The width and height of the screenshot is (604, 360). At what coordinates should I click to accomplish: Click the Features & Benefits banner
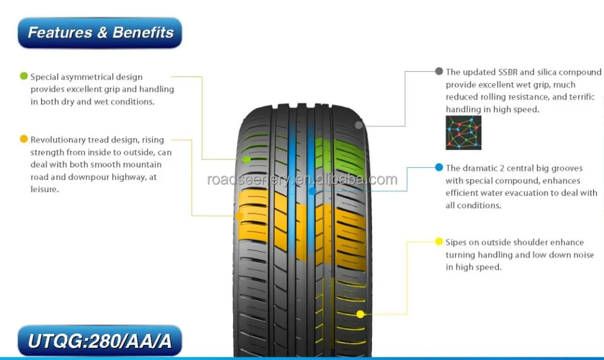(100, 33)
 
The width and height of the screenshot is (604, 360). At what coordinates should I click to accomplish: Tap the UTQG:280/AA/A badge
(100, 342)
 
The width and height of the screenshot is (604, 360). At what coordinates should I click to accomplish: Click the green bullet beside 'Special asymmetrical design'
(24, 77)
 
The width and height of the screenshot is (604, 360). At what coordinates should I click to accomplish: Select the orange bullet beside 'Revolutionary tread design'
(24, 140)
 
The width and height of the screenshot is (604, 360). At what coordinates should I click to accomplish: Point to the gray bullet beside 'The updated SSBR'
(439, 71)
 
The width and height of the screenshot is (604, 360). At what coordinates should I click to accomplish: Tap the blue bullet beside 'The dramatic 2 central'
(439, 167)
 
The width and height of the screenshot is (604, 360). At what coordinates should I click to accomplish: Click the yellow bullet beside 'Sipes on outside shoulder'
(439, 242)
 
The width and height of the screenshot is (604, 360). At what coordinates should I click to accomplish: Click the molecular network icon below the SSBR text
(463, 133)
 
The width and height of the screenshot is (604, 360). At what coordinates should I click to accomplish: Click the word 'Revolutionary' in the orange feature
(57, 140)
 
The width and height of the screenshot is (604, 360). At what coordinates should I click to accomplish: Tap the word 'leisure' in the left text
(44, 190)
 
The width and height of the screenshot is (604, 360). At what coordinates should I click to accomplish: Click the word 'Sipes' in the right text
(457, 242)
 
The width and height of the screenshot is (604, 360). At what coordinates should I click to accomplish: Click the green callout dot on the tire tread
(246, 159)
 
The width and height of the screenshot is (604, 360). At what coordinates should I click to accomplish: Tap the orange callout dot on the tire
(240, 216)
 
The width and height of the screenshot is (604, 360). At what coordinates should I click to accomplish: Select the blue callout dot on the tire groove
(312, 191)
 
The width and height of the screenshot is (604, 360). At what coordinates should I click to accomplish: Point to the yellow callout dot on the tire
(360, 314)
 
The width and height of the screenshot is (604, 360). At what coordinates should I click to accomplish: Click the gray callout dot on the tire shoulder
(359, 126)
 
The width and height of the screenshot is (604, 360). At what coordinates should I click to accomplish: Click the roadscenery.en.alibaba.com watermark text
(302, 179)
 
